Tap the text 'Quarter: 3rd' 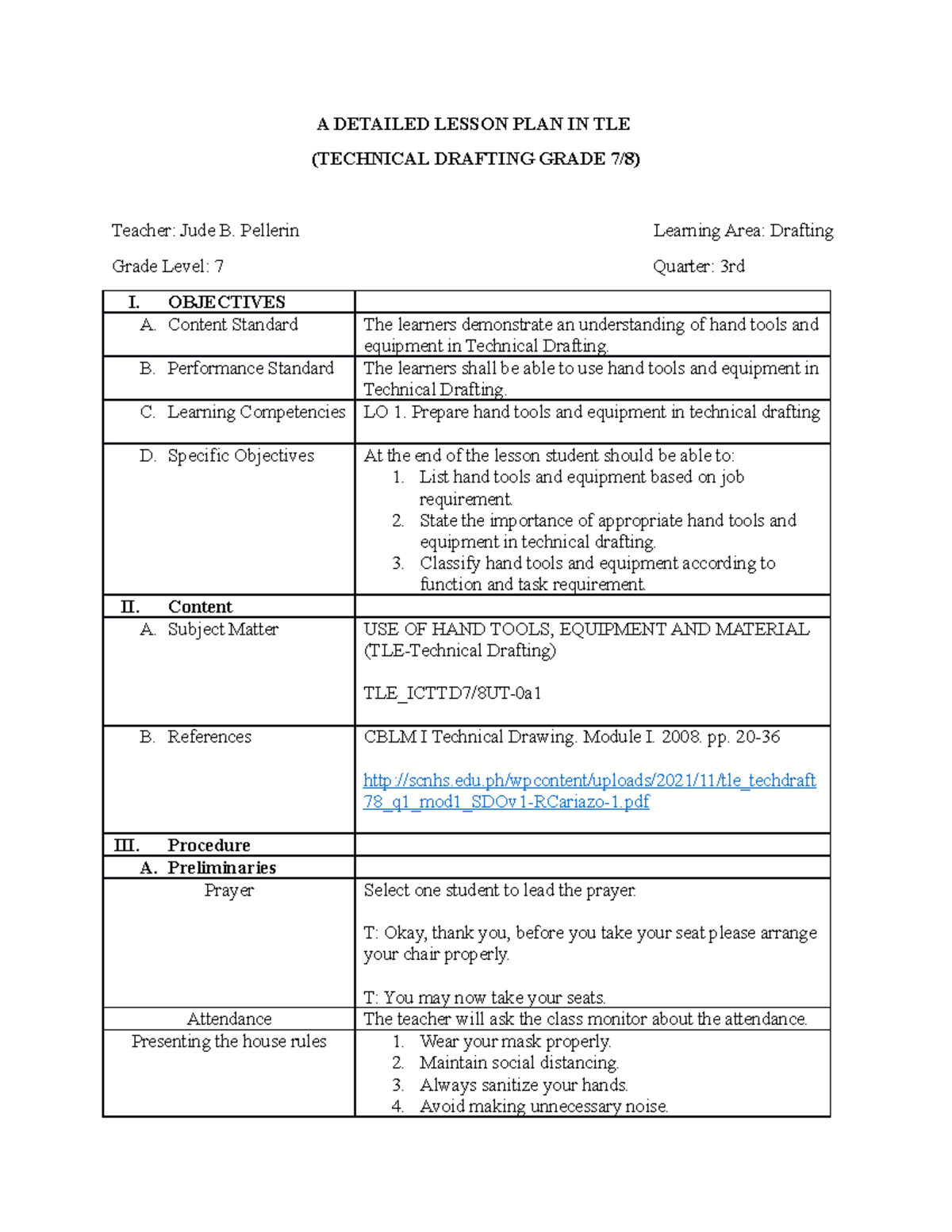[698, 267]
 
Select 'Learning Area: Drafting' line [743, 231]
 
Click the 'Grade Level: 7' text [167, 267]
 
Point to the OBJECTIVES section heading [226, 302]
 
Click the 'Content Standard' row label [232, 324]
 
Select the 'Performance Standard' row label [250, 368]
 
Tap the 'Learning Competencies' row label [255, 412]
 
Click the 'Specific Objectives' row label [240, 455]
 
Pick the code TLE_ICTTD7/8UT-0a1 [452, 693]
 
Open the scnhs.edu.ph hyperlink [589, 781]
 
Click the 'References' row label [209, 737]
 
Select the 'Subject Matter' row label [222, 629]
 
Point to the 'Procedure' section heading [209, 845]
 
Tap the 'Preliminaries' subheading [221, 867]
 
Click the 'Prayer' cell [228, 890]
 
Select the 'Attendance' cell [228, 1019]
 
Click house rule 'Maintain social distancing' [519, 1063]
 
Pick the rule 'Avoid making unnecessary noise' [543, 1106]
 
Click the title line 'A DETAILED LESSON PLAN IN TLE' [474, 124]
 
